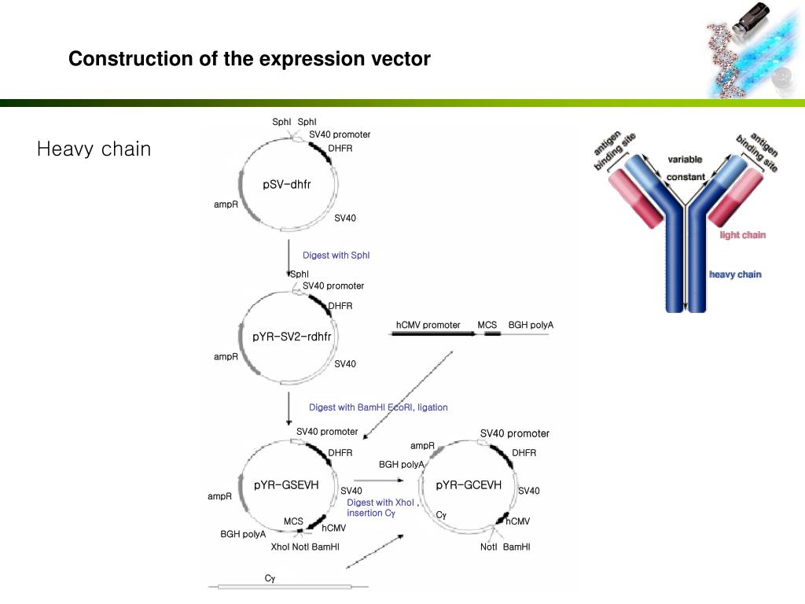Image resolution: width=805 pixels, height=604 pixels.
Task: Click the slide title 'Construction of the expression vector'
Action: point(249,59)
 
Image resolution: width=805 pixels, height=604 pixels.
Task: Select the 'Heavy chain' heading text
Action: point(94,149)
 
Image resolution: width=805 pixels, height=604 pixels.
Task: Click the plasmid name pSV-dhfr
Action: point(287,185)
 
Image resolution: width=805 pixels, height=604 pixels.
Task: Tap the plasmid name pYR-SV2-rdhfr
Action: point(292,337)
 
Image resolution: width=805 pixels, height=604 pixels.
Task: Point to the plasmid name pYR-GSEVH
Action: point(286,485)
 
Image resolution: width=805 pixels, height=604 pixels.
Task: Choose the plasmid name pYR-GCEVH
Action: point(469,485)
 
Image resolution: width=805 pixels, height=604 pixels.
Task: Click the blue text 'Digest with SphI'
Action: point(336,255)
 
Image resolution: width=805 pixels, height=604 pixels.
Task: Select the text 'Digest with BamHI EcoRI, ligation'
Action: point(378,407)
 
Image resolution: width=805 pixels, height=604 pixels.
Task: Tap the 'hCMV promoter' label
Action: point(428,325)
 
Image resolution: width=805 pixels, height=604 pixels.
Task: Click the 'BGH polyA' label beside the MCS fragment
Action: point(531,325)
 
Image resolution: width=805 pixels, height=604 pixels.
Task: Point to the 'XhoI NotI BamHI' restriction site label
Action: point(305,547)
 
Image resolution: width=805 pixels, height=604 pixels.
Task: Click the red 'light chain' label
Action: point(742,235)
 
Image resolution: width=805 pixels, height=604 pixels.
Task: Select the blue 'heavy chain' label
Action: point(735,274)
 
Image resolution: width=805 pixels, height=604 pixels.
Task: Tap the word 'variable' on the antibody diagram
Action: point(685,160)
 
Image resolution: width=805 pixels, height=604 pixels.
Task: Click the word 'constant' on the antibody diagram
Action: point(686,177)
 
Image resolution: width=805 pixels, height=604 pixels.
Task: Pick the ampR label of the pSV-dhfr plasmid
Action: point(226,204)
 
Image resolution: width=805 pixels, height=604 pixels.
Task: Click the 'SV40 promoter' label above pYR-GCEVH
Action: point(514,433)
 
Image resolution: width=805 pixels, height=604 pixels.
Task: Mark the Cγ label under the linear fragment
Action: point(270,578)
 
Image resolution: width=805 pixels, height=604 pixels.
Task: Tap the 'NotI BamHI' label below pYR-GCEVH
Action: point(505,547)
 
